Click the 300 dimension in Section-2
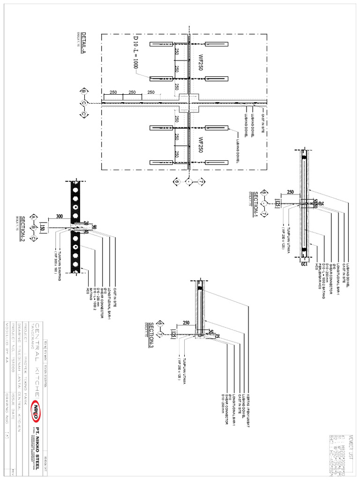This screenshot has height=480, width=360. click(x=59, y=216)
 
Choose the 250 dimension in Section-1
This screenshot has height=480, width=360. click(x=290, y=192)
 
